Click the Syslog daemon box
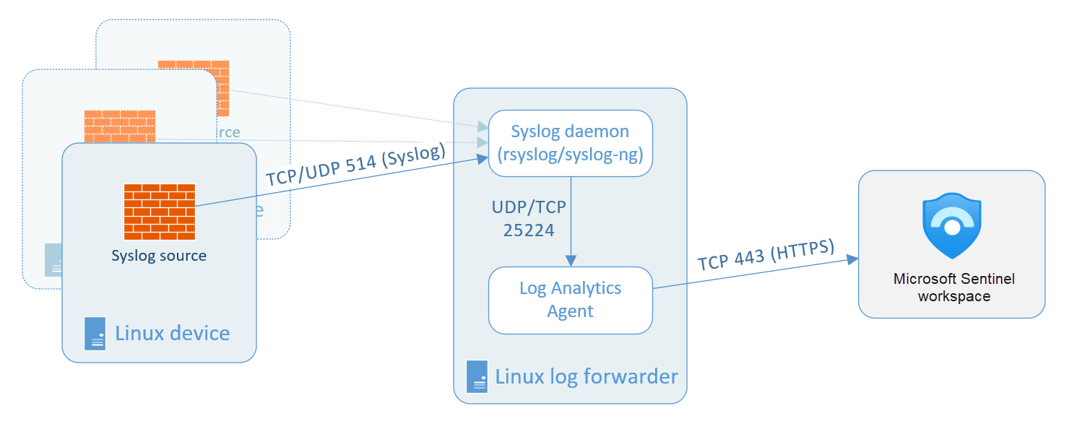[x=570, y=143]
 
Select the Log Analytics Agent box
[x=570, y=300]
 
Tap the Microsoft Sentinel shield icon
[x=951, y=225]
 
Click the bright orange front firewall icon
[x=159, y=212]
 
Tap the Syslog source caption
[x=159, y=256]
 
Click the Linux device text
[x=173, y=333]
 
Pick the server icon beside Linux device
[x=95, y=334]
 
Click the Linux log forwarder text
[x=586, y=376]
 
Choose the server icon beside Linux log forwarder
[x=477, y=376]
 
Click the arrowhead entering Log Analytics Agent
[x=571, y=261]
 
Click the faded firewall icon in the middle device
[x=119, y=126]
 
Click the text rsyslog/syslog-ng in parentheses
[x=570, y=155]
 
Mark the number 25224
[x=529, y=230]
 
